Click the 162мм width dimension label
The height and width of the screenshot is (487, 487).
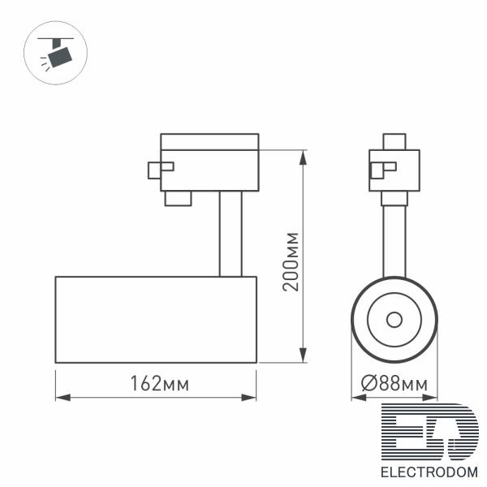[159, 384]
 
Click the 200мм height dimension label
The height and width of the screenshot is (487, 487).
[291, 261]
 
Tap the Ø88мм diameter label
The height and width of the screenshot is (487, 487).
[394, 384]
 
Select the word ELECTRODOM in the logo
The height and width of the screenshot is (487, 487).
[429, 472]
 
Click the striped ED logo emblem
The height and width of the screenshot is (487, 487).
[430, 432]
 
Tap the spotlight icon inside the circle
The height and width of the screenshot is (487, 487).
[56, 54]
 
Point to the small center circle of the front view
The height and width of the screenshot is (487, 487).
[394, 320]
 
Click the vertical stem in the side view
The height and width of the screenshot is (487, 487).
[231, 234]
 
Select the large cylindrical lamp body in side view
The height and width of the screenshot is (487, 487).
[156, 320]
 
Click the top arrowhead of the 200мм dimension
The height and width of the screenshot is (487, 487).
[303, 157]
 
